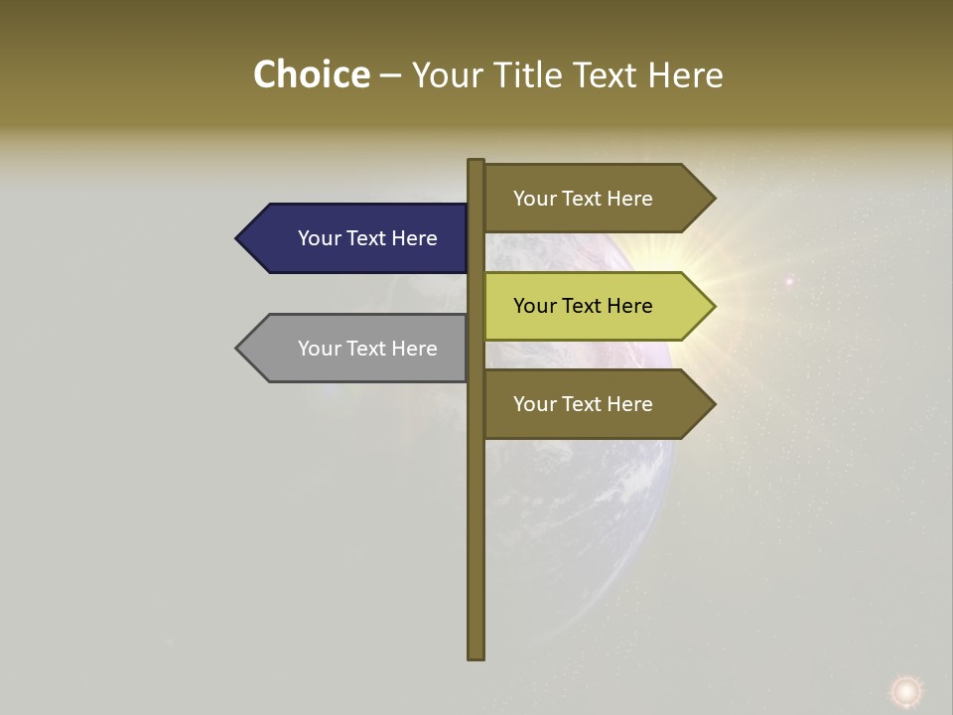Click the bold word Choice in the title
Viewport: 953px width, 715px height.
click(x=311, y=75)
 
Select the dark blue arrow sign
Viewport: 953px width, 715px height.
click(x=357, y=238)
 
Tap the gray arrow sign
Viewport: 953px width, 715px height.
click(x=357, y=349)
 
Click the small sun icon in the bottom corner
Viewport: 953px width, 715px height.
click(x=904, y=690)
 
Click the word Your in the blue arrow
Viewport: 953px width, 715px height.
click(x=320, y=238)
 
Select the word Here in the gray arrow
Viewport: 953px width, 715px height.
click(x=414, y=349)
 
